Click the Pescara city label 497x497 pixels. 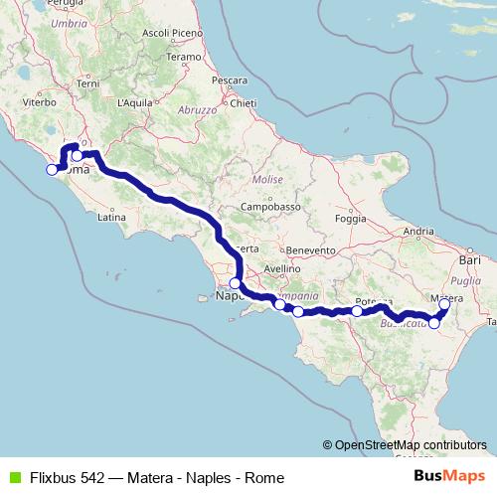click(229, 79)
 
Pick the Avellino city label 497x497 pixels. click(282, 268)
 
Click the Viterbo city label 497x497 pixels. click(39, 101)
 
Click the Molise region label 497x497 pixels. click(267, 180)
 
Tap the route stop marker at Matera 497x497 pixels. click(444, 304)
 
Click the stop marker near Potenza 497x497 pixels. click(357, 311)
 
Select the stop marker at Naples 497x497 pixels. click(235, 283)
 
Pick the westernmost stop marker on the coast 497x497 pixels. click(52, 169)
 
